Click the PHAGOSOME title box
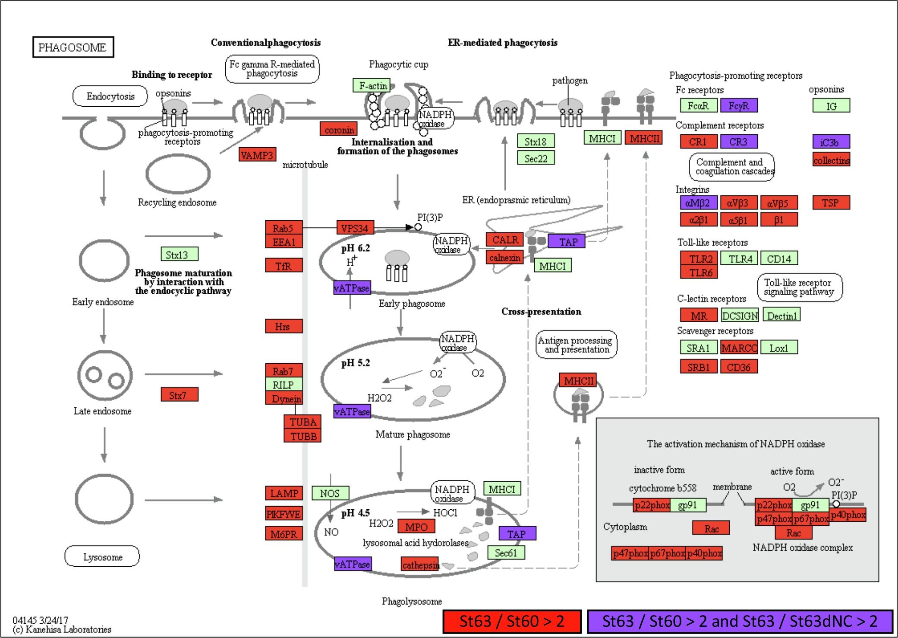[x=73, y=47]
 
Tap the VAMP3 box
[x=257, y=155]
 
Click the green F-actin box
[x=371, y=86]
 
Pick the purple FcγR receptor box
[x=738, y=105]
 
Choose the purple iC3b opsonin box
[x=831, y=142]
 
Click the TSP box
[x=831, y=202]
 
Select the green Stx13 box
[x=179, y=254]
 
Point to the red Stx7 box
[x=179, y=394]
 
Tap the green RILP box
[x=284, y=384]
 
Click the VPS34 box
[x=355, y=228]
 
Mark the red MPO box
[x=416, y=526]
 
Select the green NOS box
[x=330, y=493]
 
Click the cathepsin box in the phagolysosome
[x=420, y=564]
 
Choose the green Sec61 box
[x=506, y=552]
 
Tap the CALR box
[x=504, y=239]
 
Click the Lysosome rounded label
[x=102, y=556]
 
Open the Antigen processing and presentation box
[x=576, y=345]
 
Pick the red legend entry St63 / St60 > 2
[x=512, y=621]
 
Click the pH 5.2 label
[x=355, y=363]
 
